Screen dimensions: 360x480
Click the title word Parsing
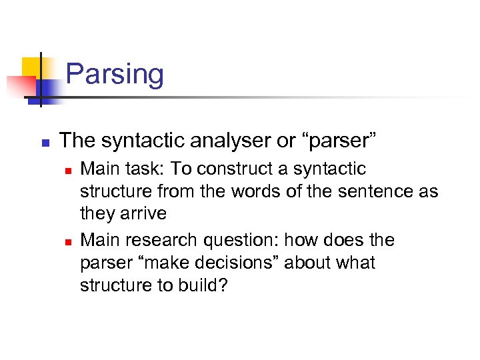115,74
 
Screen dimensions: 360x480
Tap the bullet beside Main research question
67,241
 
